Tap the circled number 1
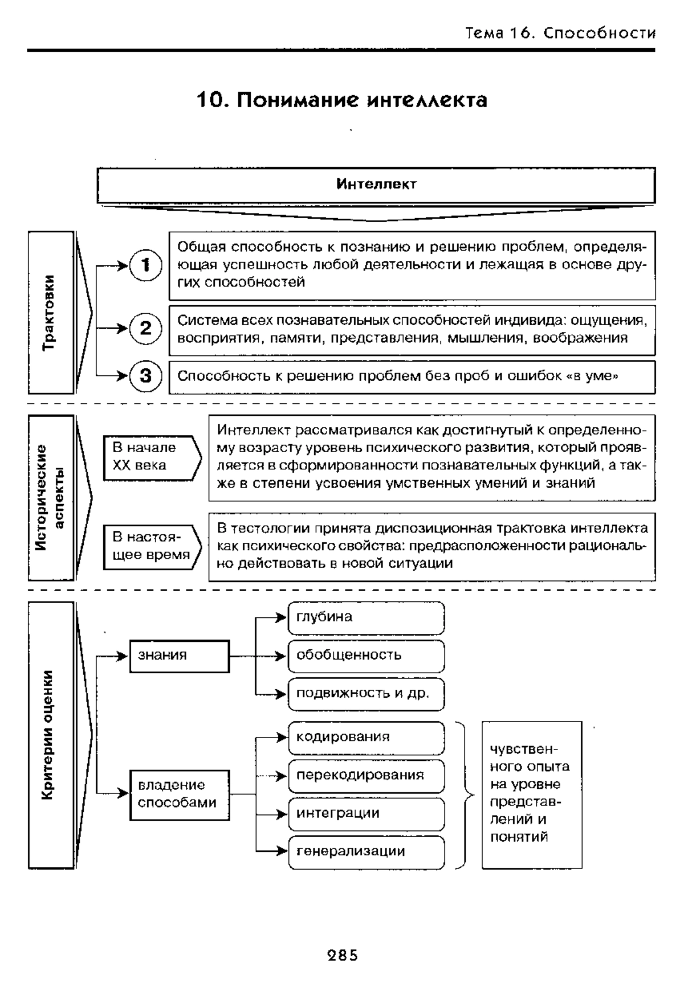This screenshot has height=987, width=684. (146, 265)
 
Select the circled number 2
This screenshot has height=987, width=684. (146, 329)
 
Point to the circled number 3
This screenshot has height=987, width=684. (146, 376)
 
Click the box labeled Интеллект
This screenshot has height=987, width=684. (376, 185)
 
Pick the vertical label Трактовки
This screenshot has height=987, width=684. (51, 312)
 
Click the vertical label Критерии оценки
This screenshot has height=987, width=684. (51, 735)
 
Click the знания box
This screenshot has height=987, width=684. (180, 656)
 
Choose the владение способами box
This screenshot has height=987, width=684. (180, 795)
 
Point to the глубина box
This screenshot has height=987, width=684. (366, 618)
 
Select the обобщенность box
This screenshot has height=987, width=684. (366, 656)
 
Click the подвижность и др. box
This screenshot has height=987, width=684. (366, 694)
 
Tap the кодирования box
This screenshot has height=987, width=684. (366, 738)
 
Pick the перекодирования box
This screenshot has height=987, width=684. (366, 776)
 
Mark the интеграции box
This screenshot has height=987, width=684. (366, 814)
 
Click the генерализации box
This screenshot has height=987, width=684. (366, 853)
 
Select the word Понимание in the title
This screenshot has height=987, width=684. (298, 100)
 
